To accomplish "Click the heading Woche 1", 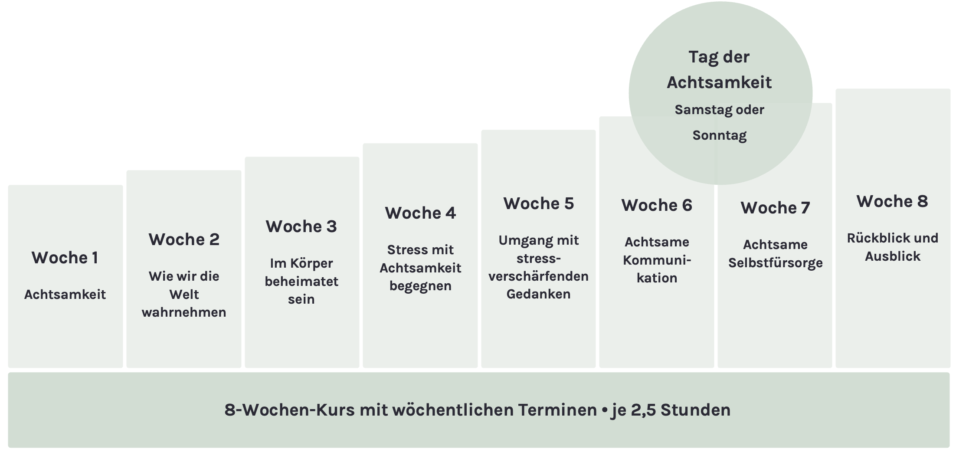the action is pos(65,258).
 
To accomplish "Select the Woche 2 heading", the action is pos(184,239).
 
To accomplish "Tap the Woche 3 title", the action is pos(301,226).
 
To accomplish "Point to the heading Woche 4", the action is pos(420,213).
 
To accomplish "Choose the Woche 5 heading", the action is pos(538,203).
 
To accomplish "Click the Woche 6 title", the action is pos(657,205).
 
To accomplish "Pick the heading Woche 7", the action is pos(775,208).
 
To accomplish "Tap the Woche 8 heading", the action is pos(892,201).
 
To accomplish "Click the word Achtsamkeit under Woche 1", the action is pos(65,295).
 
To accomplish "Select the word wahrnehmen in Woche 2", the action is pos(184,312).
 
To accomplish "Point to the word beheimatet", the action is pos(301,282).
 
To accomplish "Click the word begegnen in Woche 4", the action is pos(420,286).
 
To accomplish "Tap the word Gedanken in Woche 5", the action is pos(538,294).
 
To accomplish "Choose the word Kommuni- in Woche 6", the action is pos(657,260).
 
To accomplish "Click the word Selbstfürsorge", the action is pos(775,263).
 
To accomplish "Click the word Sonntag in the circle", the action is pos(719,135).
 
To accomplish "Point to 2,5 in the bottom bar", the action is pos(644,410).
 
